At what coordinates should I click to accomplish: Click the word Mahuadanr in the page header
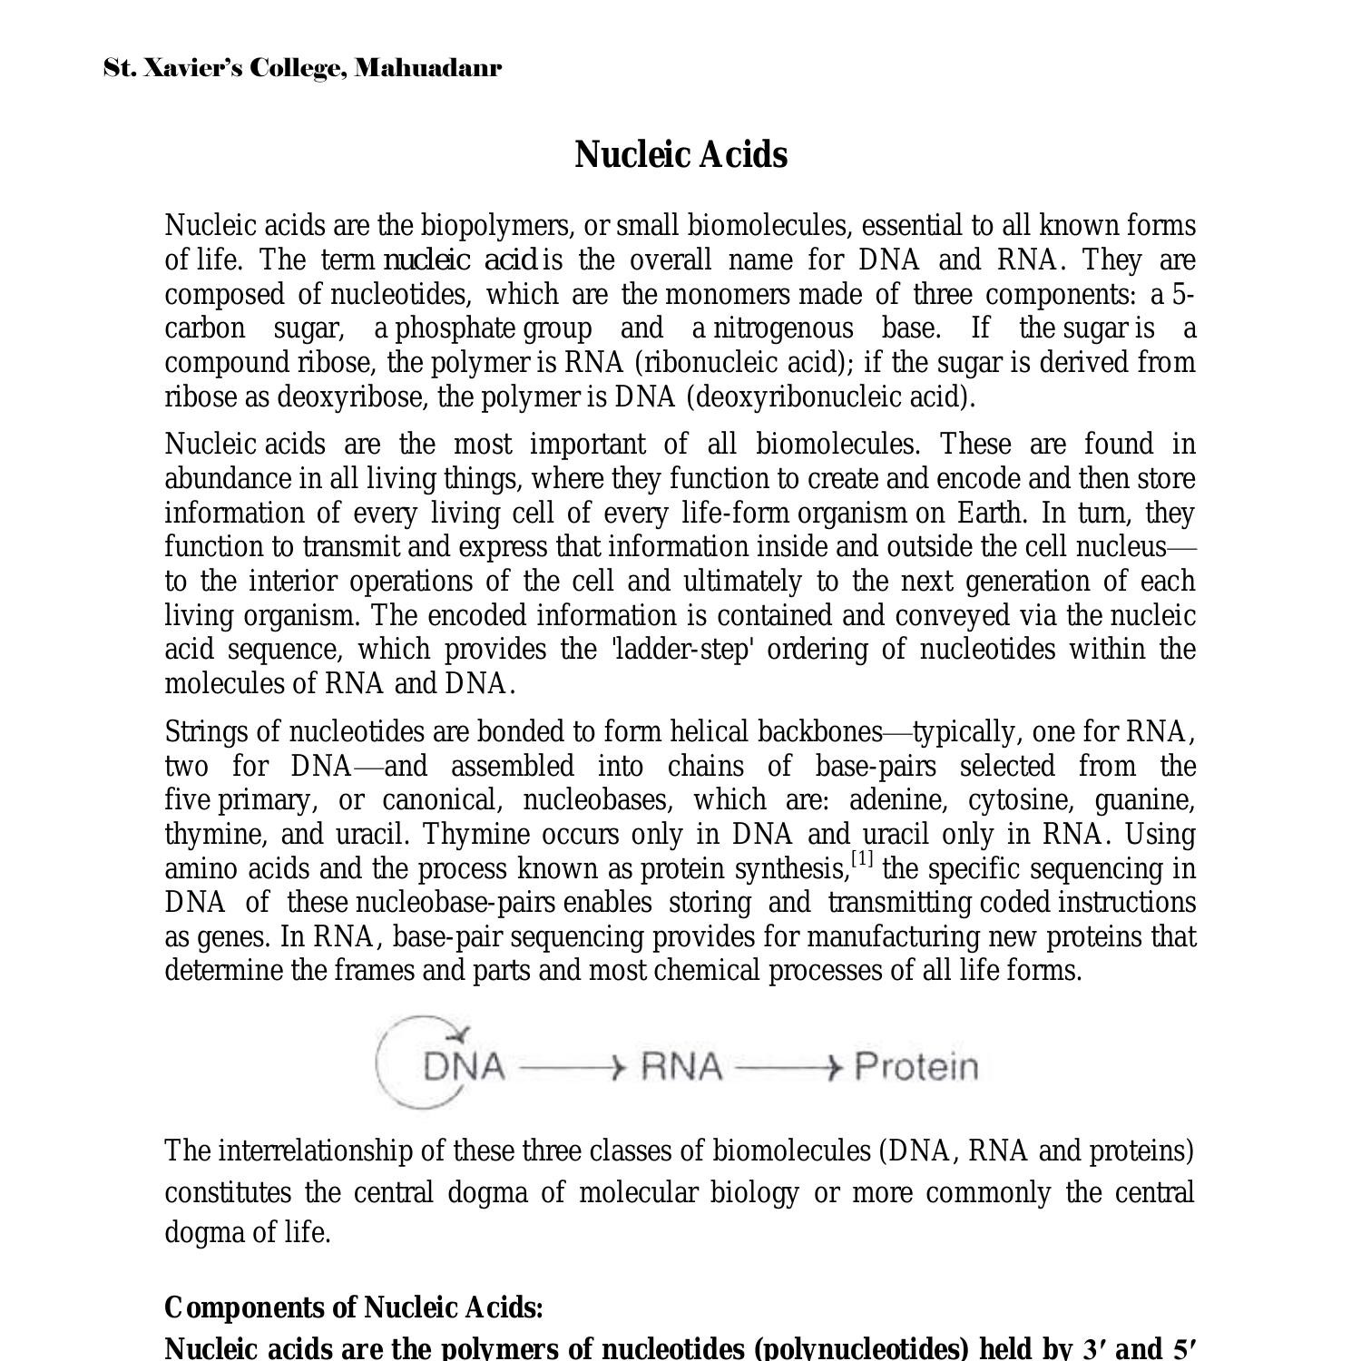tap(427, 68)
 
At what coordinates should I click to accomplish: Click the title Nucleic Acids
tap(680, 154)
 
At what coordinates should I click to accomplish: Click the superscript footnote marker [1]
tap(862, 858)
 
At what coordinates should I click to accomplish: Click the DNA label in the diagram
tap(464, 1066)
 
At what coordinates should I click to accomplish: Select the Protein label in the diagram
tap(916, 1066)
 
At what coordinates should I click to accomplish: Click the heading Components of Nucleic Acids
tap(354, 1307)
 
